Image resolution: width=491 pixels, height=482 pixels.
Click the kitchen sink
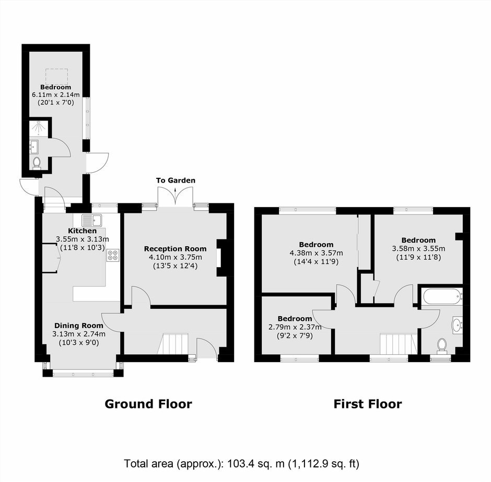92,220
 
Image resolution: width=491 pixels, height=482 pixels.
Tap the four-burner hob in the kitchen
113,255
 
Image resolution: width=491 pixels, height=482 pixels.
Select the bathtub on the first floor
442,296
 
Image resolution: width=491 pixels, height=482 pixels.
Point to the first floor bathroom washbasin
457,324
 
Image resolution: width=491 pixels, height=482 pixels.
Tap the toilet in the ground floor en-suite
37,163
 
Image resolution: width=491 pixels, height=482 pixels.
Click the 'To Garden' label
176,180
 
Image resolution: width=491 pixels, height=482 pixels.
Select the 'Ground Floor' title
148,404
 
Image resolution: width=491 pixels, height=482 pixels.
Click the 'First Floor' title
368,404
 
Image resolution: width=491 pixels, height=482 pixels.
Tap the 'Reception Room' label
176,249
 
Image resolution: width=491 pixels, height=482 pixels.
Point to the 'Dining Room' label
78,326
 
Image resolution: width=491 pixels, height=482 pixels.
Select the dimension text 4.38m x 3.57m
316,252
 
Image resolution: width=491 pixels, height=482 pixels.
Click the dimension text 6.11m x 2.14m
56,94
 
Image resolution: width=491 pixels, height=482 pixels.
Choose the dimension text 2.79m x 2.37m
295,327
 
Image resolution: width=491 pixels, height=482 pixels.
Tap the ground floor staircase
173,343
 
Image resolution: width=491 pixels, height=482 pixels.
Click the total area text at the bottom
241,464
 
